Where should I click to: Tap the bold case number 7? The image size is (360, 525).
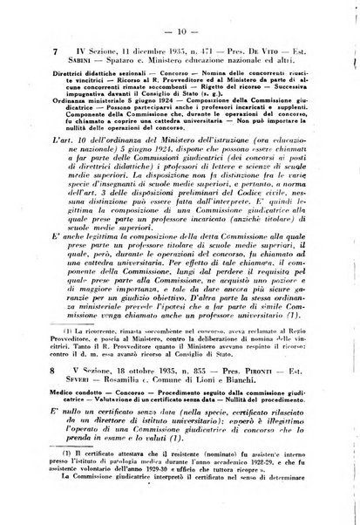(x=56, y=51)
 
